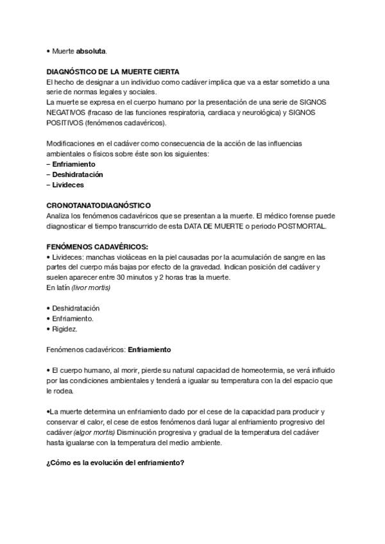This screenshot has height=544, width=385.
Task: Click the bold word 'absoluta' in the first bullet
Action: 92,50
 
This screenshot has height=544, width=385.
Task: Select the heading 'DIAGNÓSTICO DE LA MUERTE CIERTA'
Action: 113,71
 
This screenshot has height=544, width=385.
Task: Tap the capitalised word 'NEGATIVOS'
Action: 66,112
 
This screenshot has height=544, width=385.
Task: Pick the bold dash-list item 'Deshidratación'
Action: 78,174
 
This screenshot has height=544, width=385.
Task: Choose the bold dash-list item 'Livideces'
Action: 68,184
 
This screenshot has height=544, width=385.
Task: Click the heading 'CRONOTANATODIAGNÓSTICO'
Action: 99,205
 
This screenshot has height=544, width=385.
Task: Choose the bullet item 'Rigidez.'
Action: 65,328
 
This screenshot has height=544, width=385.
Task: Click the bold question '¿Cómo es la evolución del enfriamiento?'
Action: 116,463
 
